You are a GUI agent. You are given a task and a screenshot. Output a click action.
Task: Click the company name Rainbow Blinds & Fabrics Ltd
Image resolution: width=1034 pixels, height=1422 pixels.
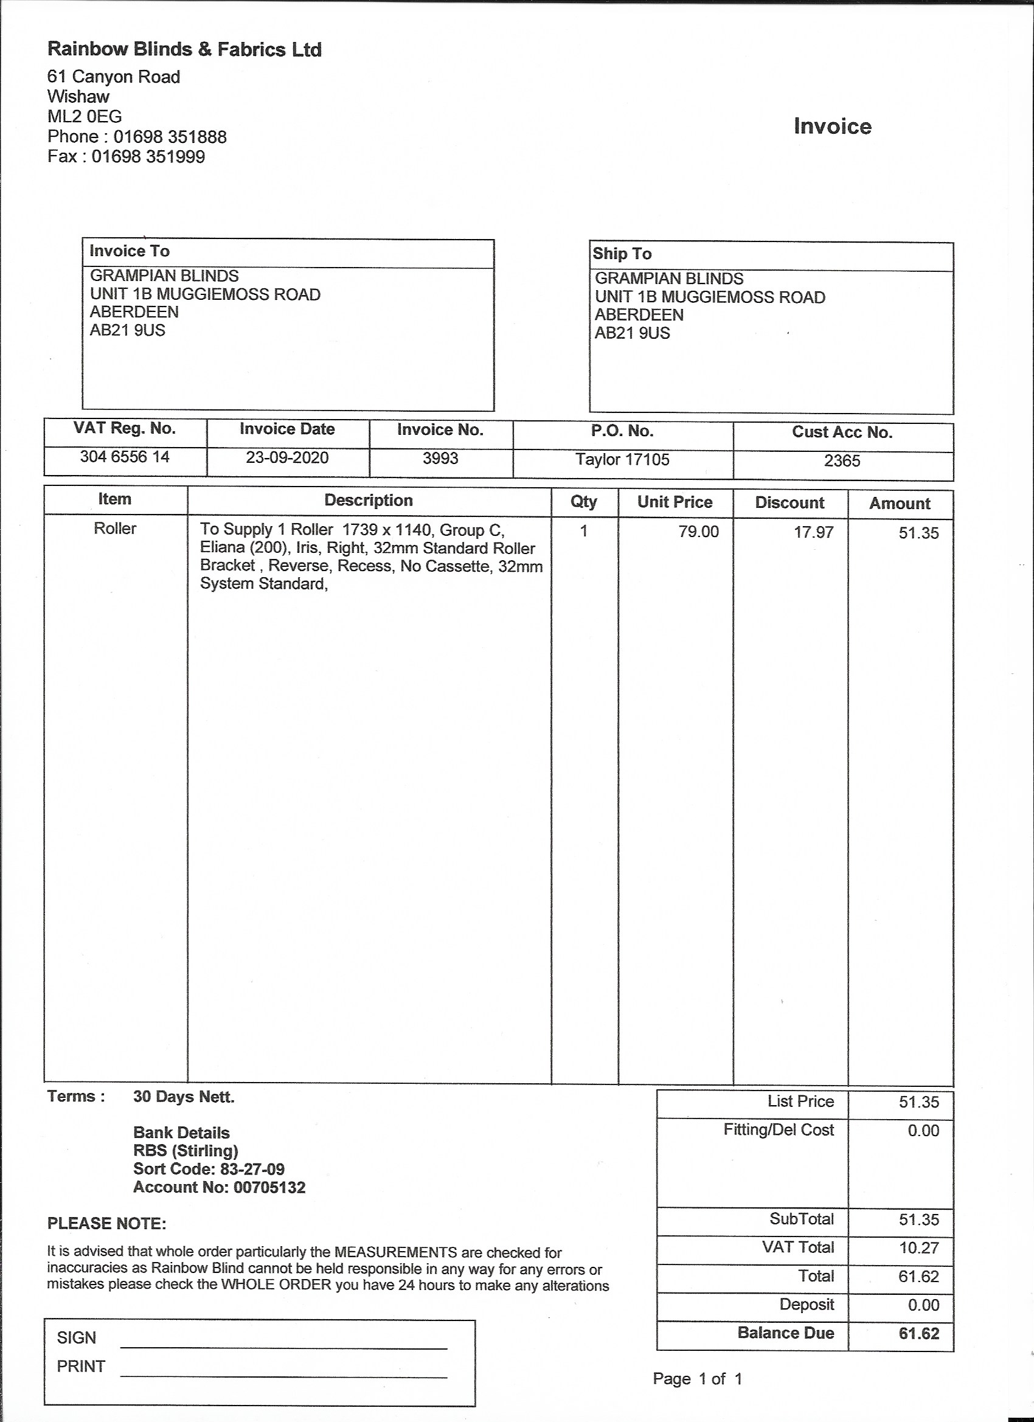[x=184, y=49]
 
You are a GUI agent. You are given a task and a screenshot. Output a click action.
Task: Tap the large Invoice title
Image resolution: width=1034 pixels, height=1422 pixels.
[x=832, y=127]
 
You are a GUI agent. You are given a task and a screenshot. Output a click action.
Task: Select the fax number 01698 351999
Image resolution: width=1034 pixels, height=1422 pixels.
[x=148, y=157]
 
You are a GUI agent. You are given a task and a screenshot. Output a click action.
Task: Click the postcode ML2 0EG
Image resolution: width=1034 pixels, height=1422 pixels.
[x=85, y=117]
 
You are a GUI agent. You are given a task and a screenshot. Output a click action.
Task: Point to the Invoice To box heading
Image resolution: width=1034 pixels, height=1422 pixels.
[x=129, y=251]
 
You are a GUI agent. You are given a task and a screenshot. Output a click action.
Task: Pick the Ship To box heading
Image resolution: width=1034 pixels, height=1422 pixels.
[x=622, y=254]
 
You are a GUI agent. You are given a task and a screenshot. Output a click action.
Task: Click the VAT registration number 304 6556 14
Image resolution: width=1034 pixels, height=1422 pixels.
[x=125, y=457]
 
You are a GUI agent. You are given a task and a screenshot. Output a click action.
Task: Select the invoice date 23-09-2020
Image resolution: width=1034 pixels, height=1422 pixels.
[x=287, y=458]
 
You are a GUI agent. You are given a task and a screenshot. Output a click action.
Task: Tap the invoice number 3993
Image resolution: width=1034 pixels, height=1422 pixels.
[x=440, y=459]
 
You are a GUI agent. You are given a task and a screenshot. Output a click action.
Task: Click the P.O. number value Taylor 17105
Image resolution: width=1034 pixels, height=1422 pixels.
[x=623, y=460]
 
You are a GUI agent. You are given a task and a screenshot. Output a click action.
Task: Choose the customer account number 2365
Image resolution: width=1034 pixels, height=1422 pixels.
[x=842, y=461]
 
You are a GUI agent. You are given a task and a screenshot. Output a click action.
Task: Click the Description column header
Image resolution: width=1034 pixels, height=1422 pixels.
[x=369, y=501]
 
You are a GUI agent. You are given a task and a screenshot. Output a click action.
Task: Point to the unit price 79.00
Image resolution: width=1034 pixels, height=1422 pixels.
[x=698, y=532]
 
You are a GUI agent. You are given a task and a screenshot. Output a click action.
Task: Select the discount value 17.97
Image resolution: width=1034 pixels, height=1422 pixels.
[x=814, y=532]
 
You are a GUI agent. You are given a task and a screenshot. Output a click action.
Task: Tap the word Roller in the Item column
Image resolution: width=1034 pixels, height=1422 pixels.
[x=116, y=529]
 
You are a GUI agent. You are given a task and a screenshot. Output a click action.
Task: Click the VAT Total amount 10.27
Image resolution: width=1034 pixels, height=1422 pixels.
[x=918, y=1247]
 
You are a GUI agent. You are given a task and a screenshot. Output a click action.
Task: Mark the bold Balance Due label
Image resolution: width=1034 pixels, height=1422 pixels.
[x=786, y=1333]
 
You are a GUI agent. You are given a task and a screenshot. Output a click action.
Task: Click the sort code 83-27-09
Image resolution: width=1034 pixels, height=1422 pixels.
[x=252, y=1170]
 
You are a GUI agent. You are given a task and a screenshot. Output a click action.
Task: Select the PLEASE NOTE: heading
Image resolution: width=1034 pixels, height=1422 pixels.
[x=106, y=1223]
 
